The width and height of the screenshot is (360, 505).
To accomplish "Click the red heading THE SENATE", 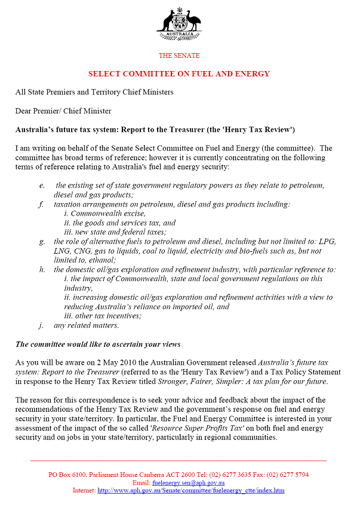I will click(179, 56).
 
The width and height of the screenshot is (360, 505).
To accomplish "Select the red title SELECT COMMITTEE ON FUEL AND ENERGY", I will click(179, 74).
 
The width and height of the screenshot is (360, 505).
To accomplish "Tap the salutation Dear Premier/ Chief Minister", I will click(63, 111).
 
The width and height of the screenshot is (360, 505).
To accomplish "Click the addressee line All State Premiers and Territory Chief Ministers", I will click(94, 93).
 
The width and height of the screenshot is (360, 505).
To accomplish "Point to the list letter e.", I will click(42, 186).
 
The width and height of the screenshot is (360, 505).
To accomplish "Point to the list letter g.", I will click(42, 242).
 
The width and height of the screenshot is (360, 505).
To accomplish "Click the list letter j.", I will click(42, 325).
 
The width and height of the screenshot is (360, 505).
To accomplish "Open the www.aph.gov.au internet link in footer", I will click(191, 491).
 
